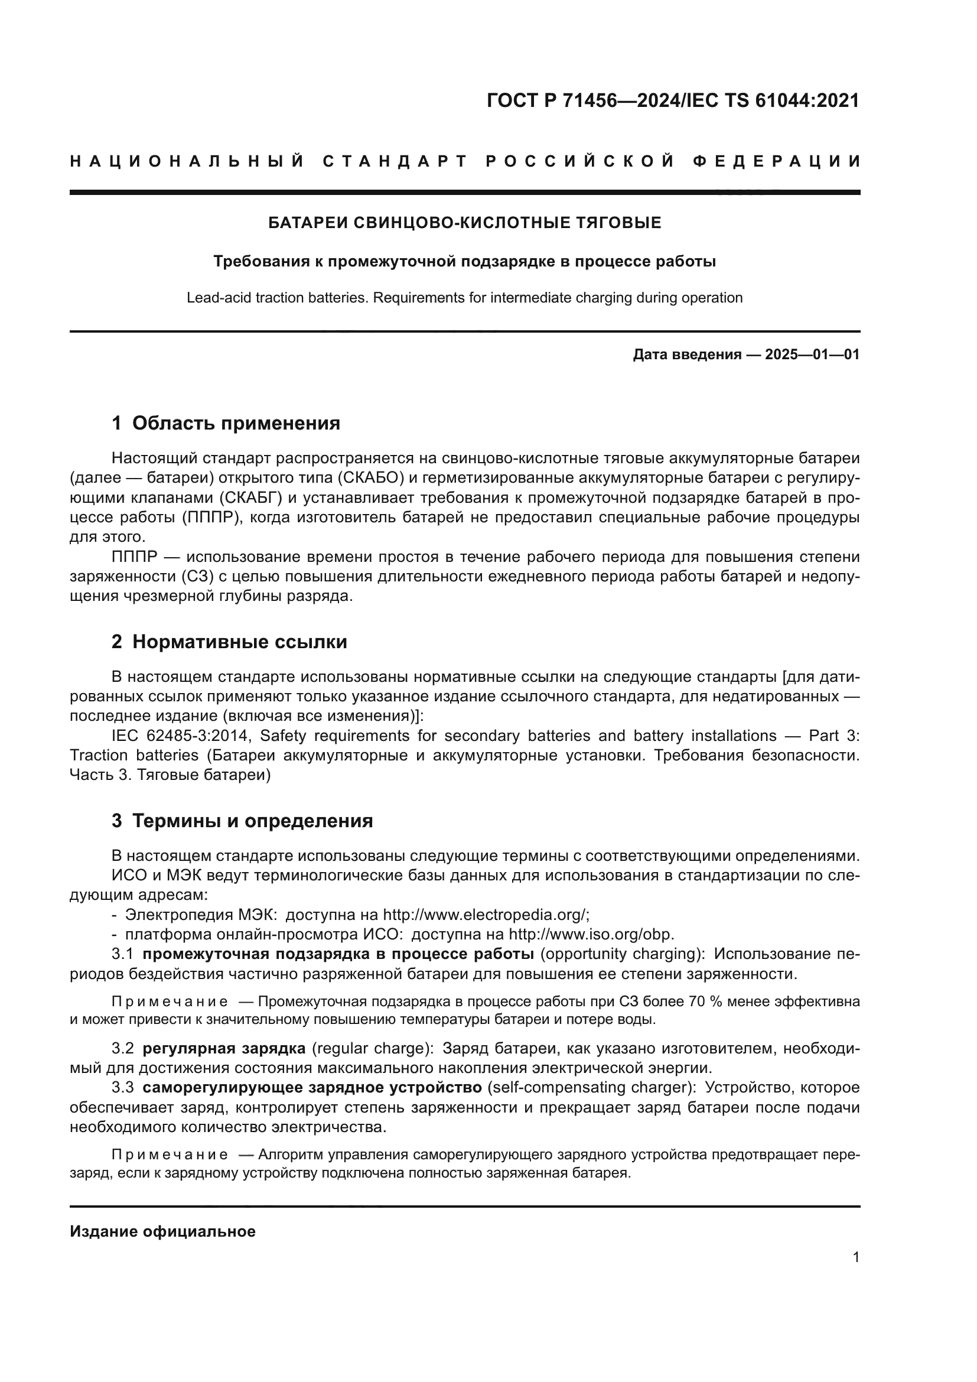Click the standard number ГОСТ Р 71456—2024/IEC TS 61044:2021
pos(673,100)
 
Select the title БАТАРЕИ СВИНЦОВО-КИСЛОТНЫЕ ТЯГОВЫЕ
pos(464,223)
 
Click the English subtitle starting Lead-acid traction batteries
pos(464,298)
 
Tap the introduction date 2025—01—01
pos(812,355)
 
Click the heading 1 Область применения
pos(226,423)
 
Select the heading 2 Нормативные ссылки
pos(229,642)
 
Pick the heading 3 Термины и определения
pos(242,821)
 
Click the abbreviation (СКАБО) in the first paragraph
pos(369,478)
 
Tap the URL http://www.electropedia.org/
pos(485,915)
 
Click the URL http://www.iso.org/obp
pos(591,934)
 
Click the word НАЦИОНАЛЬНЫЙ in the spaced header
pos(187,161)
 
